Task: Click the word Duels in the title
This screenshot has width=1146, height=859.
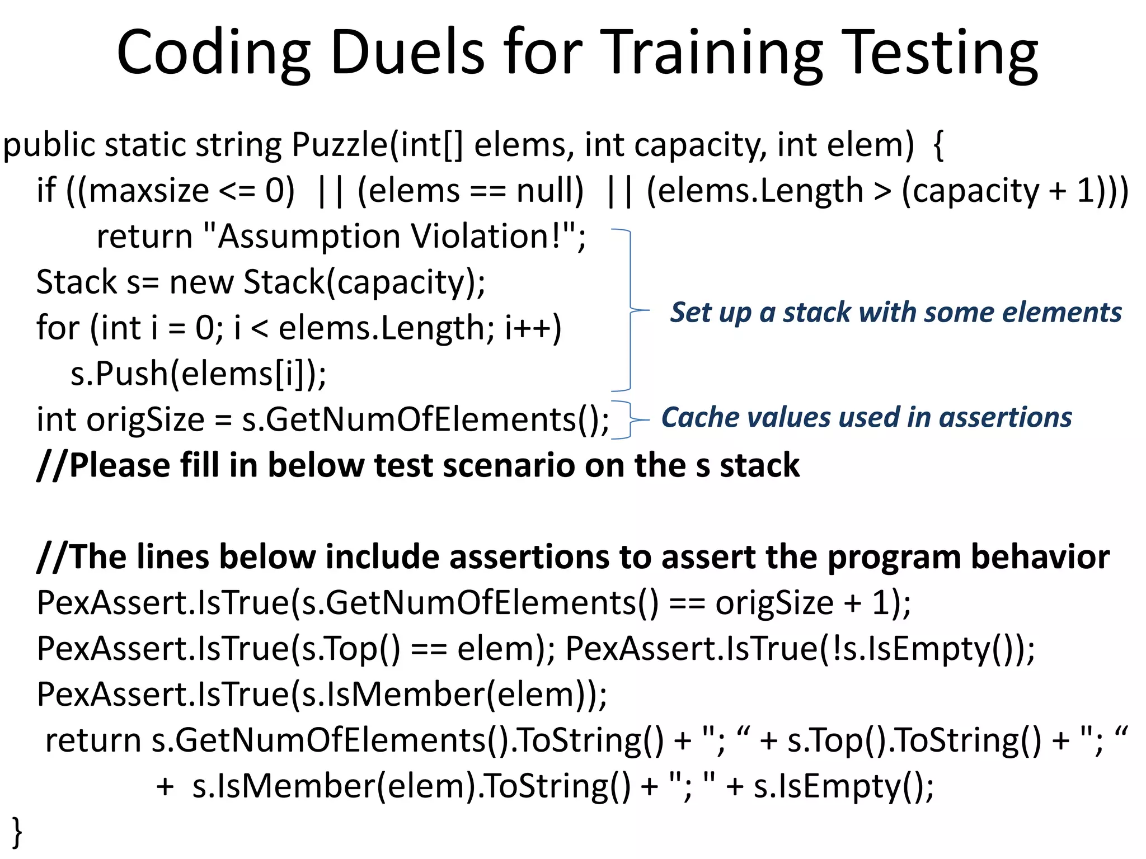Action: (407, 53)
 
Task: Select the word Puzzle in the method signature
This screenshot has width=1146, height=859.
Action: (340, 145)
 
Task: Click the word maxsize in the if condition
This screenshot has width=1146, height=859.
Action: (149, 191)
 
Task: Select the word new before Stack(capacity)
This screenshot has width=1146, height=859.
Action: (201, 282)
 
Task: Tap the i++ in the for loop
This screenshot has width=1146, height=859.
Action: (533, 328)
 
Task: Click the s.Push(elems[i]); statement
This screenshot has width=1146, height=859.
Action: (198, 374)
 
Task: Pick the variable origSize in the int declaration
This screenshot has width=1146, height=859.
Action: (145, 420)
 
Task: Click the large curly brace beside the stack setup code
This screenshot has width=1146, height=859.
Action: (631, 310)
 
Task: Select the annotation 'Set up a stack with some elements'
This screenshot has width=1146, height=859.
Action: (896, 312)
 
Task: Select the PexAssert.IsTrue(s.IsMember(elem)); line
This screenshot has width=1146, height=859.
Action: (322, 695)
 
